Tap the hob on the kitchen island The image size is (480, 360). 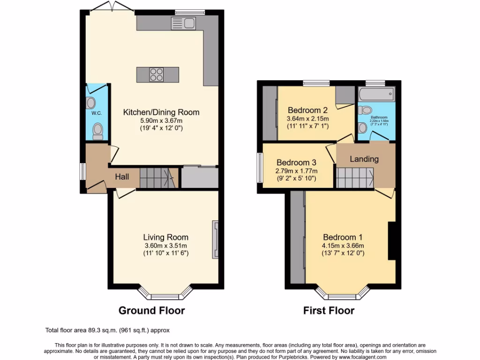[x=157, y=75]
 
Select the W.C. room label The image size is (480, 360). [x=97, y=113]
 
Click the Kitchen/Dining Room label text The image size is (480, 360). [x=161, y=112]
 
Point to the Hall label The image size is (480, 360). [x=122, y=176]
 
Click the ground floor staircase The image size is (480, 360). [x=158, y=178]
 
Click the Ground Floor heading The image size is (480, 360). [x=151, y=310]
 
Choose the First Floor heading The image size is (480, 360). [x=329, y=310]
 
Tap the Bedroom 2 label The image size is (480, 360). [x=307, y=110]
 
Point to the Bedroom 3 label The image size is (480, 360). [x=296, y=163]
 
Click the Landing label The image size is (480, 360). [x=364, y=159]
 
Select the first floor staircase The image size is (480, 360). [x=354, y=178]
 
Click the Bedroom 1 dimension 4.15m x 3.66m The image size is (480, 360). [x=343, y=245]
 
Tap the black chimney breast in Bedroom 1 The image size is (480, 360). [x=391, y=241]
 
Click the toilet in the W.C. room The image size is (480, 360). [x=97, y=131]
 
